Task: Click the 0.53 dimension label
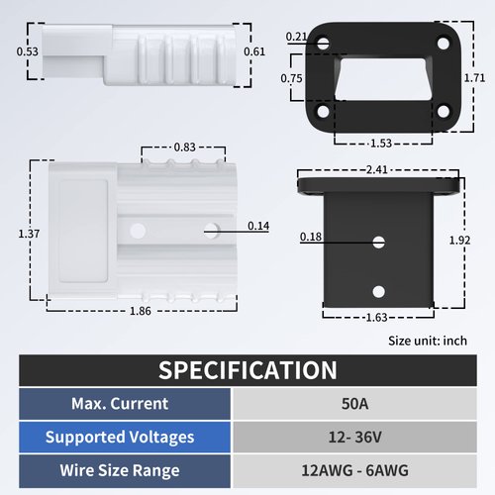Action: (28, 51)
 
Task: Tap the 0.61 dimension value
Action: (254, 51)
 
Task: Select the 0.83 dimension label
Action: (183, 147)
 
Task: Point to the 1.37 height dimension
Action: (30, 234)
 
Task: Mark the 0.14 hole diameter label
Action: (257, 227)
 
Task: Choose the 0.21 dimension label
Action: (295, 37)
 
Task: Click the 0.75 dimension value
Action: (291, 78)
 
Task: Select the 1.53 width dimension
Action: (382, 144)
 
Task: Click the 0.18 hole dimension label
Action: (310, 237)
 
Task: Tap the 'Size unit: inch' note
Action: (427, 340)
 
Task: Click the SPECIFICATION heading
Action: (247, 370)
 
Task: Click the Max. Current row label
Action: (119, 404)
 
